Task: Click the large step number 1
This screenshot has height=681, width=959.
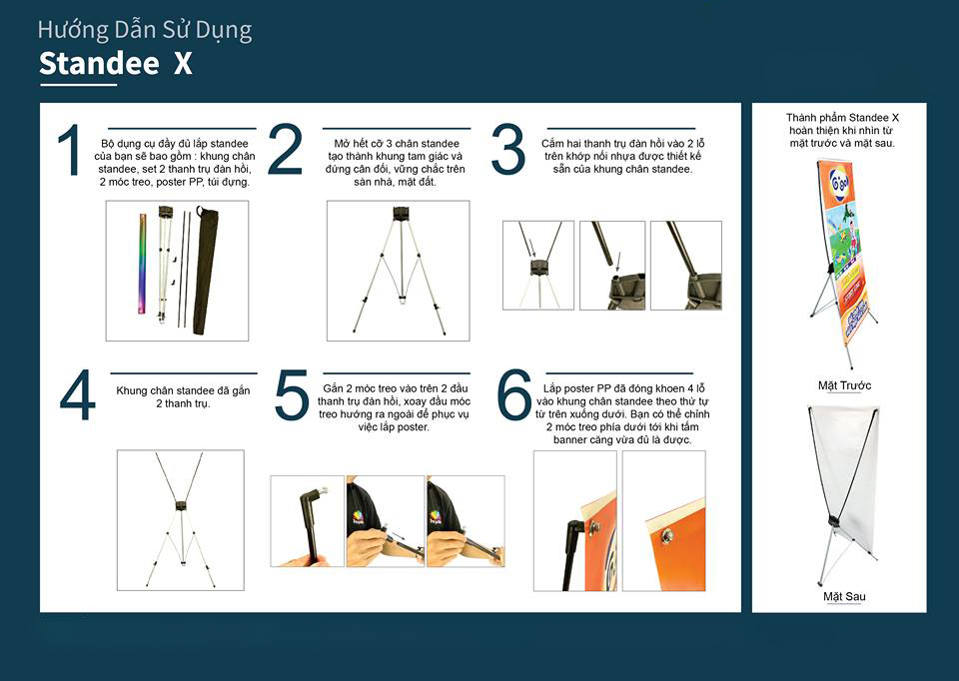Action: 69,150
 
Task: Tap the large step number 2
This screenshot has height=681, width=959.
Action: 285,149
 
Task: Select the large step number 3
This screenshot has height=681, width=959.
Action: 507,150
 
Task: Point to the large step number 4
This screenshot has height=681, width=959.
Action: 78,394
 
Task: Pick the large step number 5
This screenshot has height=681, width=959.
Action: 291,394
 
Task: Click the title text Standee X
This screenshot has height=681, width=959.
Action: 116,64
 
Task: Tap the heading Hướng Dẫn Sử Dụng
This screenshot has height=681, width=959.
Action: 144,31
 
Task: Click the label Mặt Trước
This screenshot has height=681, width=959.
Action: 845,385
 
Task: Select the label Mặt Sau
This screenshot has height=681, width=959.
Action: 844,597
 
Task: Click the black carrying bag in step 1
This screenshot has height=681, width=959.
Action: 204,270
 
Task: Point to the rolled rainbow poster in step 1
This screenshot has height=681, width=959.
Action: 143,264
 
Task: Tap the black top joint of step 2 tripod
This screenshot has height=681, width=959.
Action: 401,214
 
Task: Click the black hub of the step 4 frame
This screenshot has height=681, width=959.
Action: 181,505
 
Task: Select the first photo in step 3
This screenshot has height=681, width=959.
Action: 538,266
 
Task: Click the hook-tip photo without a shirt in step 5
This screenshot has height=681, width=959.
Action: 307,521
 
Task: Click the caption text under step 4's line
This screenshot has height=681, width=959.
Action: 183,396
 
